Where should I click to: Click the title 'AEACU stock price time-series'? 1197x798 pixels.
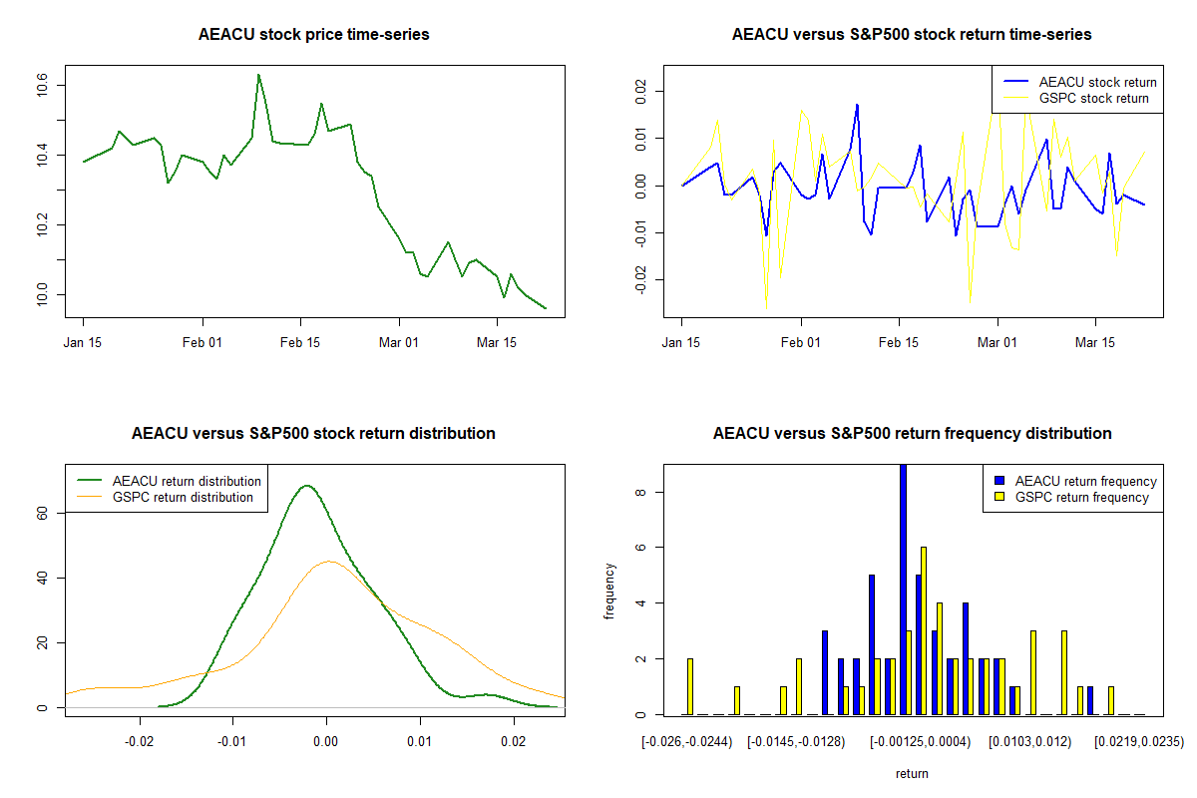click(314, 35)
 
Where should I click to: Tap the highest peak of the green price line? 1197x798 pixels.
click(258, 75)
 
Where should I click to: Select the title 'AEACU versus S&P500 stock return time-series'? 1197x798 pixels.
click(912, 35)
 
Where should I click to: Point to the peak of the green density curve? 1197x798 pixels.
click(306, 486)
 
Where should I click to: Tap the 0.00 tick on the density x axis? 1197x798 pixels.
click(326, 741)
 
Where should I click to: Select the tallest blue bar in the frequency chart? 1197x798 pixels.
click(903, 589)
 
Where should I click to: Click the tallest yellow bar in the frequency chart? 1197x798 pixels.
click(924, 630)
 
